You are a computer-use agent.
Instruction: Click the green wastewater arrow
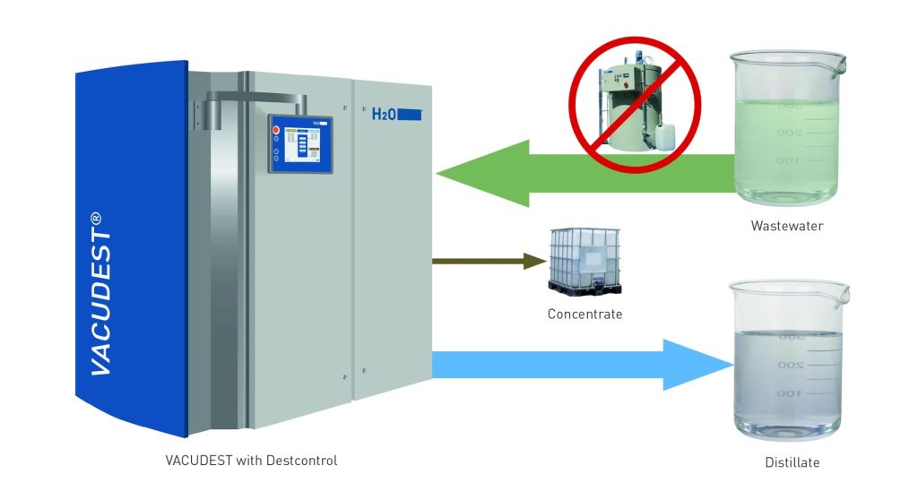pyautogui.click(x=556, y=175)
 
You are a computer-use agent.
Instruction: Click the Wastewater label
pyautogui.click(x=786, y=227)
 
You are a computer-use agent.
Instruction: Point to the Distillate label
pyautogui.click(x=786, y=463)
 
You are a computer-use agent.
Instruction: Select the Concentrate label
pyautogui.click(x=585, y=315)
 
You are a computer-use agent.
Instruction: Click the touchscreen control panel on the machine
pyautogui.click(x=300, y=143)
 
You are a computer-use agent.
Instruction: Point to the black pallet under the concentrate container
pyautogui.click(x=584, y=289)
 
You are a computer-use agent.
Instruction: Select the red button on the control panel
pyautogui.click(x=276, y=130)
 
